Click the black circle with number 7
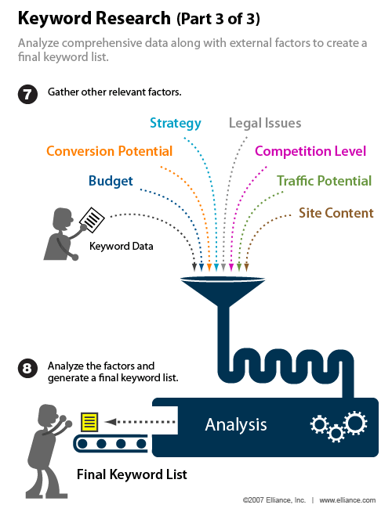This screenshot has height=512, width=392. [27, 96]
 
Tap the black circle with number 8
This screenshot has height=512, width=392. [27, 369]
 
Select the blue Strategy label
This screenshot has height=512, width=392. [176, 123]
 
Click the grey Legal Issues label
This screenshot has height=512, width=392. [265, 123]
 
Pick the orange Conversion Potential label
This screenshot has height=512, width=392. [109, 151]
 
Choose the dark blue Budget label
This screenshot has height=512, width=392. [111, 181]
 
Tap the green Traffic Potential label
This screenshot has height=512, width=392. [324, 181]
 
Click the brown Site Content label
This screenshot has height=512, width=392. [336, 212]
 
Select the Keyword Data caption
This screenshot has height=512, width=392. [120, 246]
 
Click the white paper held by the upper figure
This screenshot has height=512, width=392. [93, 219]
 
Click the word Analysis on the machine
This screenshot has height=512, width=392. [236, 425]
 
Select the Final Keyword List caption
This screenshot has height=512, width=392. [132, 474]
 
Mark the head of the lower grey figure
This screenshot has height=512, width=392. [48, 413]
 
